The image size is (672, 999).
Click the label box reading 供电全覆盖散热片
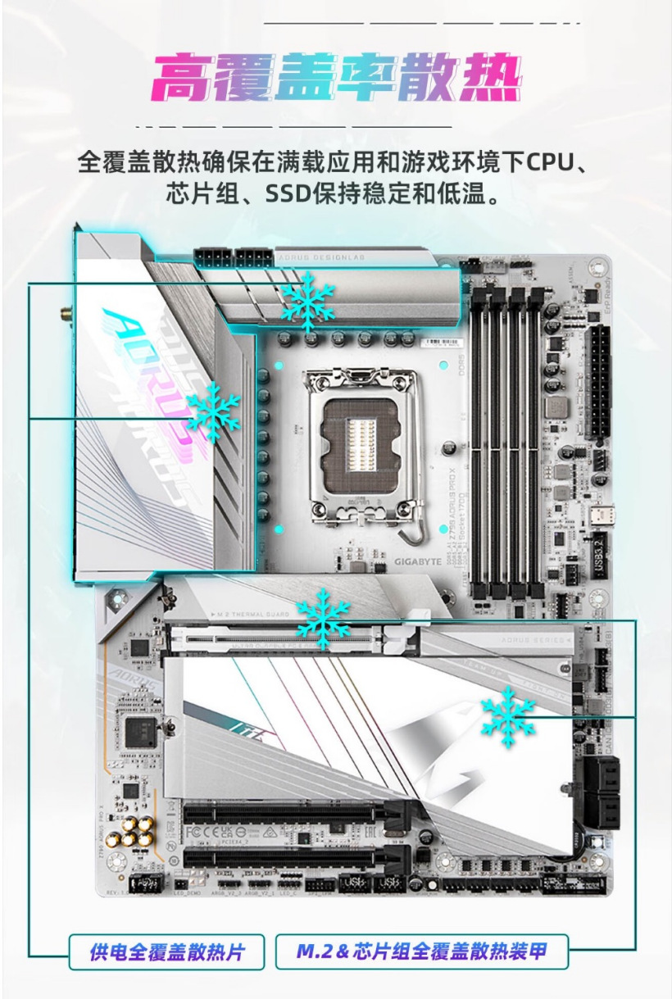point(166,952)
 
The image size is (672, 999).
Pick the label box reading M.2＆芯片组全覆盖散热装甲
point(421,952)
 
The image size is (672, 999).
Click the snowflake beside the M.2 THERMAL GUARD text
point(323,620)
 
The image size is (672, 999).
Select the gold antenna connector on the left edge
point(61,314)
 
